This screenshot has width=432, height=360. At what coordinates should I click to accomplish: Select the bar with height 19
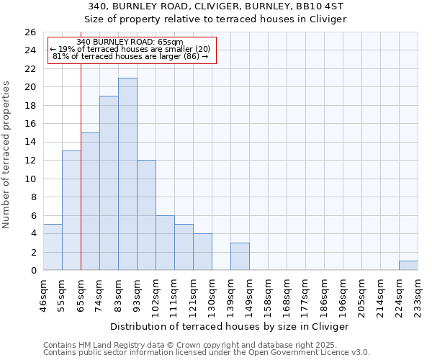pyautogui.click(x=109, y=184)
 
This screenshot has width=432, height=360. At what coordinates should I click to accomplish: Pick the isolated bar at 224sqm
pyautogui.click(x=408, y=266)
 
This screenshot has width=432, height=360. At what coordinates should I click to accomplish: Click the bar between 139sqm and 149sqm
pyautogui.click(x=240, y=257)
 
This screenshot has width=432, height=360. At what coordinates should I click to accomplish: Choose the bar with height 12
pyautogui.click(x=146, y=215)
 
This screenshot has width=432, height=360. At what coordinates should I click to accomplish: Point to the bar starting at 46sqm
pyautogui.click(x=53, y=248)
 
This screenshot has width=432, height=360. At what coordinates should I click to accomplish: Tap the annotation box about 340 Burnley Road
pyautogui.click(x=132, y=50)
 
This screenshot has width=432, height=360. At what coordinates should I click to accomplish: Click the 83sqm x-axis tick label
pyautogui.click(x=119, y=294)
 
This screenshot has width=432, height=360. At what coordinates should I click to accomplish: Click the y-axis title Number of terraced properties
pyautogui.click(x=7, y=155)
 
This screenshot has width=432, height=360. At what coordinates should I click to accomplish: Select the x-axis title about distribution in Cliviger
pyautogui.click(x=230, y=326)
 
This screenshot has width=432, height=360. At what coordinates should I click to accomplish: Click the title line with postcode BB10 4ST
pyautogui.click(x=215, y=6)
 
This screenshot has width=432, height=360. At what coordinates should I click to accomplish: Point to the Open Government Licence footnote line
pyautogui.click(x=206, y=353)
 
